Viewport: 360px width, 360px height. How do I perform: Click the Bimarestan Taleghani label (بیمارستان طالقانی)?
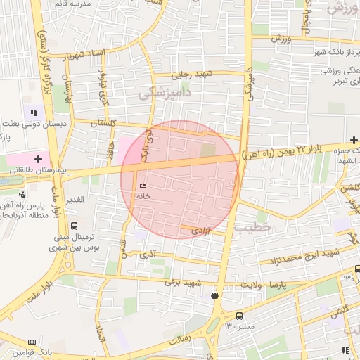pos(38,170)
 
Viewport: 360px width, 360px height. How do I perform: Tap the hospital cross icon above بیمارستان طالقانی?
pos(38,160)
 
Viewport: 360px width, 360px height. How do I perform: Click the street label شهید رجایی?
pos(195,75)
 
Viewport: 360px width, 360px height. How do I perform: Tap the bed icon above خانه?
pos(143,186)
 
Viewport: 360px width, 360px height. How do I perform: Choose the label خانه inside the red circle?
pos(145,196)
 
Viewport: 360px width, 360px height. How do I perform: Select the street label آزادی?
pos(200,231)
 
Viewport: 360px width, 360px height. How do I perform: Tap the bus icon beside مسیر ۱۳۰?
pos(240,316)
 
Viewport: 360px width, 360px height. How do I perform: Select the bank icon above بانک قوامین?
pos(31,341)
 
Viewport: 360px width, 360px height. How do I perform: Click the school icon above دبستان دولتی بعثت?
pos(34,112)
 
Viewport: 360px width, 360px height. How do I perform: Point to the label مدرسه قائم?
pos(71,4)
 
